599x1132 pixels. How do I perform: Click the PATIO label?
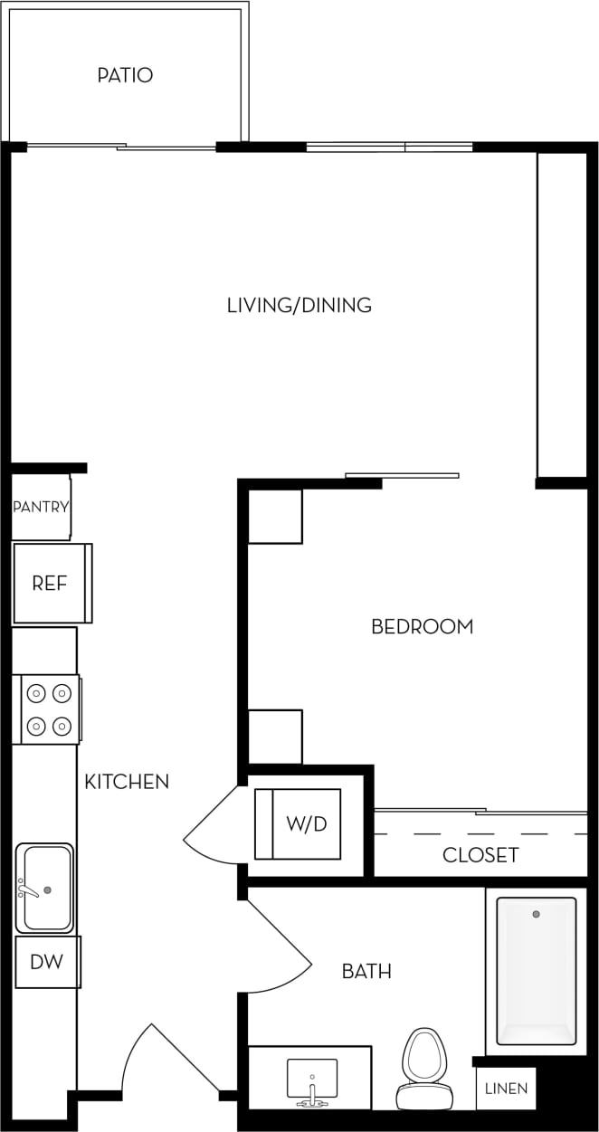click(x=125, y=75)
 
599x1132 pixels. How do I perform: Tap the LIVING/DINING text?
click(x=299, y=305)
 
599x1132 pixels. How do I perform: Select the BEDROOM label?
click(x=422, y=626)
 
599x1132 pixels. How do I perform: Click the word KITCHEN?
click(x=127, y=781)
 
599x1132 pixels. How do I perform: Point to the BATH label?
click(x=366, y=972)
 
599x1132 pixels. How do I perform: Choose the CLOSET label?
click(x=480, y=855)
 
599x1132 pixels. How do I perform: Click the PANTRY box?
click(x=41, y=507)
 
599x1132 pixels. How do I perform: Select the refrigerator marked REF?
click(x=51, y=584)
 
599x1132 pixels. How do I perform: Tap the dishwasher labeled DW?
click(x=47, y=962)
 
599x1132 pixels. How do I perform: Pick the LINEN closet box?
click(x=506, y=1089)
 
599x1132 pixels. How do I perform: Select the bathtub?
click(x=536, y=970)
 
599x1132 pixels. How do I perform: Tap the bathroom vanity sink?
click(x=312, y=1079)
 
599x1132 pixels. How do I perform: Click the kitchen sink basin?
click(x=46, y=889)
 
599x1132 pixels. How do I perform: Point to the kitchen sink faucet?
click(x=27, y=890)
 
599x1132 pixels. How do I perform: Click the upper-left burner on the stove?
click(x=36, y=694)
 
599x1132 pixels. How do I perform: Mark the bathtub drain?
click(x=536, y=914)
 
